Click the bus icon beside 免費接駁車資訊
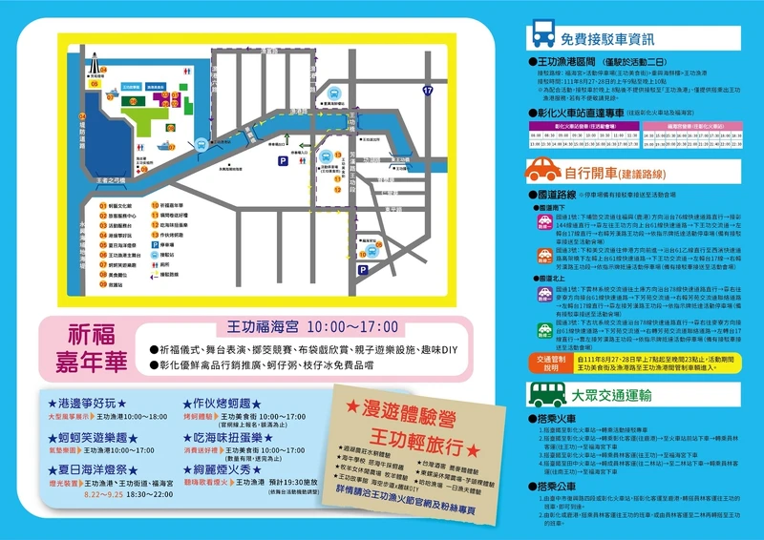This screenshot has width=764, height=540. click(x=541, y=38)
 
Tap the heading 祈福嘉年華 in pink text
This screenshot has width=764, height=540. click(x=93, y=348)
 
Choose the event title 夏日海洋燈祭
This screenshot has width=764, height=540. click(x=91, y=470)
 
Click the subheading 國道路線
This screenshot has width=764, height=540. click(x=559, y=194)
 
